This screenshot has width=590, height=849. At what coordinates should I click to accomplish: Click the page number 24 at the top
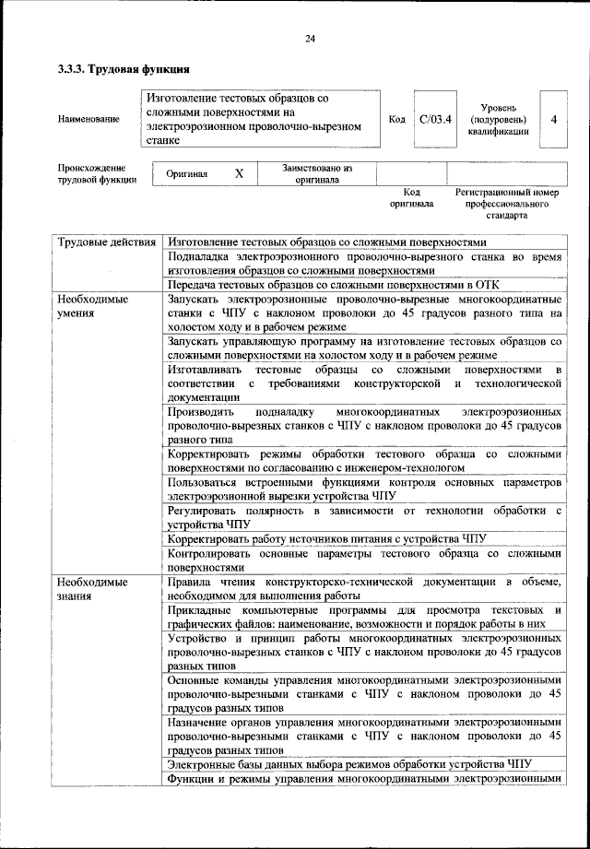(x=310, y=38)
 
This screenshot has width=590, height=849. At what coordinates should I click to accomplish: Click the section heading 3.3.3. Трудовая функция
(x=124, y=69)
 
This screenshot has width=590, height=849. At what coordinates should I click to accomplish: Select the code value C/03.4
(x=434, y=119)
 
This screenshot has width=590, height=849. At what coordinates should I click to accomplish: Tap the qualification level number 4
(x=553, y=119)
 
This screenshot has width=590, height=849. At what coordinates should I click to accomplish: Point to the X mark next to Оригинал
(x=239, y=173)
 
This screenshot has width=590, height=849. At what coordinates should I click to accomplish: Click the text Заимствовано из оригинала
(x=317, y=173)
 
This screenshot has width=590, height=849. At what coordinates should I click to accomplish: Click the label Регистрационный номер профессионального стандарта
(x=507, y=203)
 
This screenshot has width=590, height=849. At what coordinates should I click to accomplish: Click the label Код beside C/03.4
(x=396, y=119)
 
